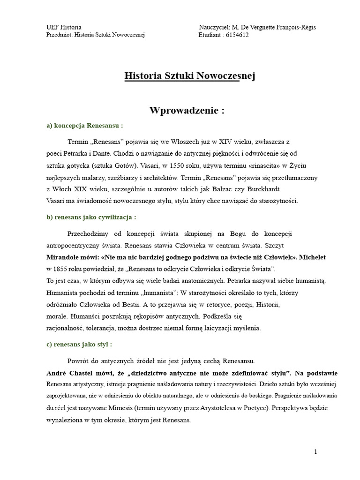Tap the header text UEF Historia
click(65, 28)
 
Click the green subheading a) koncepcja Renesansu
click(84, 126)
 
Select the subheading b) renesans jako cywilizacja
click(91, 217)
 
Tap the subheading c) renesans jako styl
click(79, 345)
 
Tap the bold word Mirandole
click(63, 257)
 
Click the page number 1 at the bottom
click(316, 452)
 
